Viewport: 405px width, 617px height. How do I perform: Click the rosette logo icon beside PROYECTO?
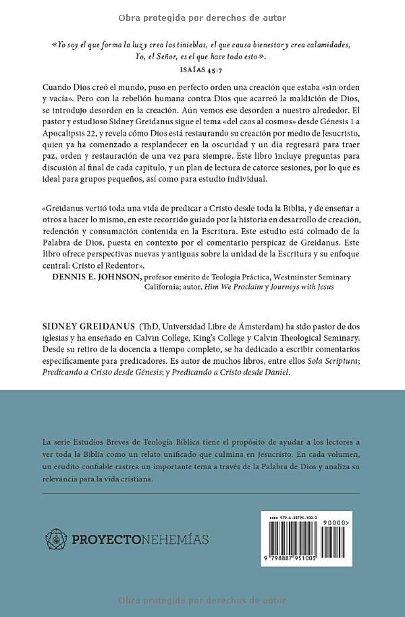pos(56,538)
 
